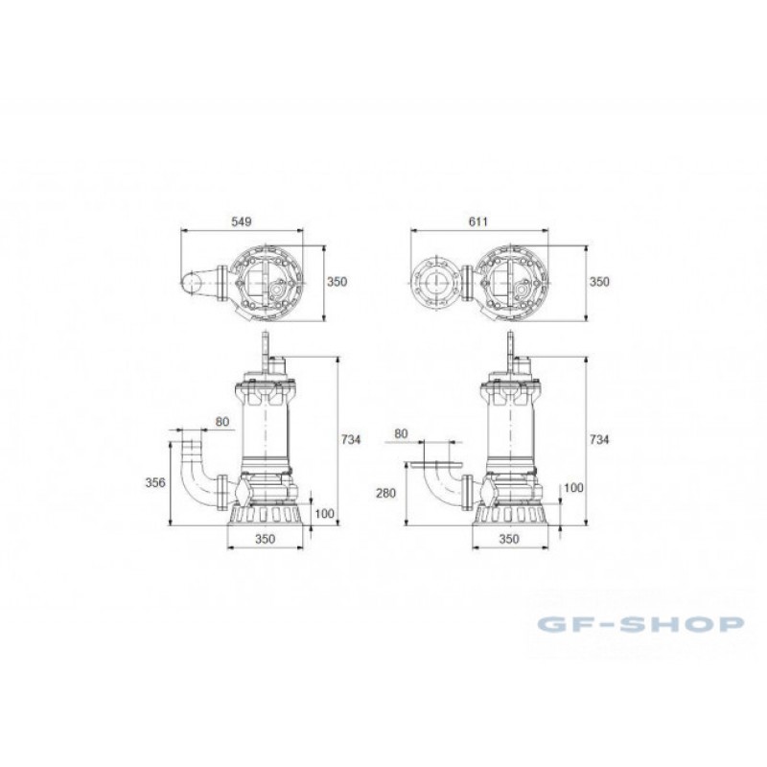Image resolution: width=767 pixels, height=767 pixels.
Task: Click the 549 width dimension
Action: [x=242, y=221]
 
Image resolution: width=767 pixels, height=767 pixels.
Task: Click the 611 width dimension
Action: [x=477, y=221]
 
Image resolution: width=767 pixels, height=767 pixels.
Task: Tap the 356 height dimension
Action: [x=155, y=482]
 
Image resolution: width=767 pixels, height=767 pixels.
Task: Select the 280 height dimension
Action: [x=385, y=493]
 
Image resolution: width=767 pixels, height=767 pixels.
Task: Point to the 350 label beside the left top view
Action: [x=337, y=282]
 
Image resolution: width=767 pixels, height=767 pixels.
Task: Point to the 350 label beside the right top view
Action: [x=599, y=282]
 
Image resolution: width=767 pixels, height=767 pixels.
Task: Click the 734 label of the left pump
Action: [x=351, y=439]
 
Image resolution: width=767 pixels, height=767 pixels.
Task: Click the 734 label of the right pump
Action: [x=599, y=439]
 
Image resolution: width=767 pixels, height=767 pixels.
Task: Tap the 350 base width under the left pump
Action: [x=266, y=539]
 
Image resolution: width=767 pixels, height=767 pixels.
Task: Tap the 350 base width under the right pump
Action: [x=509, y=539]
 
